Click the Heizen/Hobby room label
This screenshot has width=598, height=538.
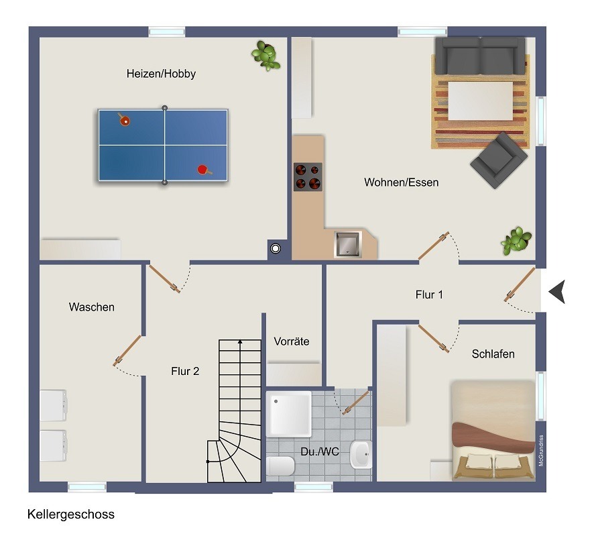pyautogui.click(x=161, y=74)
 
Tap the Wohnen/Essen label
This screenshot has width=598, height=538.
pyautogui.click(x=401, y=182)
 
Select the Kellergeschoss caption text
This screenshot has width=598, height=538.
pyautogui.click(x=71, y=515)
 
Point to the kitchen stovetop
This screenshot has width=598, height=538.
pyautogui.click(x=308, y=177)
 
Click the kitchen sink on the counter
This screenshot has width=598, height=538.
pyautogui.click(x=347, y=245)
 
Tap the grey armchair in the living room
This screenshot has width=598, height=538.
pyautogui.click(x=499, y=160)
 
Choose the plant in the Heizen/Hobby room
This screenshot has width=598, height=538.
pyautogui.click(x=265, y=55)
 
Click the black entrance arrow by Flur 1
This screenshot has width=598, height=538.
pyautogui.click(x=557, y=292)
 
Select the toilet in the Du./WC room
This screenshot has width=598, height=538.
pyautogui.click(x=280, y=466)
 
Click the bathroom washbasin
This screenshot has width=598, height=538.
pyautogui.click(x=361, y=454)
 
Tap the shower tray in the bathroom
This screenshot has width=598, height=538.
pyautogui.click(x=289, y=414)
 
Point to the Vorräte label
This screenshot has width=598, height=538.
pyautogui.click(x=292, y=341)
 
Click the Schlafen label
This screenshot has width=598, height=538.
pyautogui.click(x=493, y=354)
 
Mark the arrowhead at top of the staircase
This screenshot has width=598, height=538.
pyautogui.click(x=240, y=342)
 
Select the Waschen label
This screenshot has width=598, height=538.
pyautogui.click(x=92, y=307)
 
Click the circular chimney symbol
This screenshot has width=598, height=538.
pyautogui.click(x=276, y=249)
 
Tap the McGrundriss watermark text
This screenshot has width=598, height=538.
pyautogui.click(x=541, y=451)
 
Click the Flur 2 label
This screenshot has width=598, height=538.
pyautogui.click(x=185, y=371)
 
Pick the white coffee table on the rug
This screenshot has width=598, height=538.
pyautogui.click(x=480, y=101)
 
